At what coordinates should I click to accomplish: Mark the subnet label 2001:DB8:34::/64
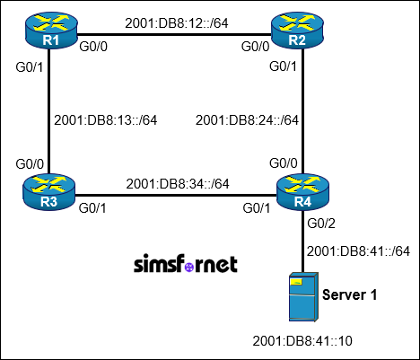178,183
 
